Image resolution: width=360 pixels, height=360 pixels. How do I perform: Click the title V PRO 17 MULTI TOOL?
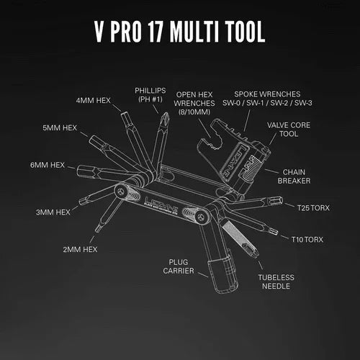coord(180,32)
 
